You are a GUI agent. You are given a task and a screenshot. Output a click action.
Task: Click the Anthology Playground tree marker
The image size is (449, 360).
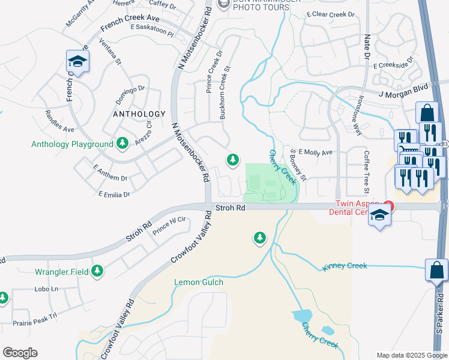coord(122,143)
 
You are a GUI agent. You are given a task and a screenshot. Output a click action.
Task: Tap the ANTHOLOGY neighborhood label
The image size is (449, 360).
coord(139,114)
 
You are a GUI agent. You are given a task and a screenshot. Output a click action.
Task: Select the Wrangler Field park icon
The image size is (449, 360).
coord(97,271)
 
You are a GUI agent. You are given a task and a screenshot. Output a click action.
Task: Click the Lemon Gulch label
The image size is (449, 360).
coord(199,282)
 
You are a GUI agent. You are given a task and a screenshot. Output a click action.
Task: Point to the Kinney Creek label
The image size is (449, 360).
coord(345,266)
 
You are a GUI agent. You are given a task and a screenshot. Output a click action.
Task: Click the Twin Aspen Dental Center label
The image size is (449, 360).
coord(356,208)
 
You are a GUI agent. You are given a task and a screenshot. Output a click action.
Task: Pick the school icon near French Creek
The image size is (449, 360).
coord(77,61)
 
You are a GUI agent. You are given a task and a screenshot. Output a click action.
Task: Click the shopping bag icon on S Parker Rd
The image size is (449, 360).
coord(436,270)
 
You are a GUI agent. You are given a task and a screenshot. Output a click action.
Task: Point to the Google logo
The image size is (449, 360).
coord(20,353)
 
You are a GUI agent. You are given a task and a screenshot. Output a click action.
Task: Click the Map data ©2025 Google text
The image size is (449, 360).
coord(412,355)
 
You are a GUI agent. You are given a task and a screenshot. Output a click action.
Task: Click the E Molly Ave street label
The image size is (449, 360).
coord(315,153)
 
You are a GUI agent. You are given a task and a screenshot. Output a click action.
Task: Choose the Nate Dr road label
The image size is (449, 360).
coord(367,47)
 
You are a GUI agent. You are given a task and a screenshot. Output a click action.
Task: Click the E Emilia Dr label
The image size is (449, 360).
coord(114,194)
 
